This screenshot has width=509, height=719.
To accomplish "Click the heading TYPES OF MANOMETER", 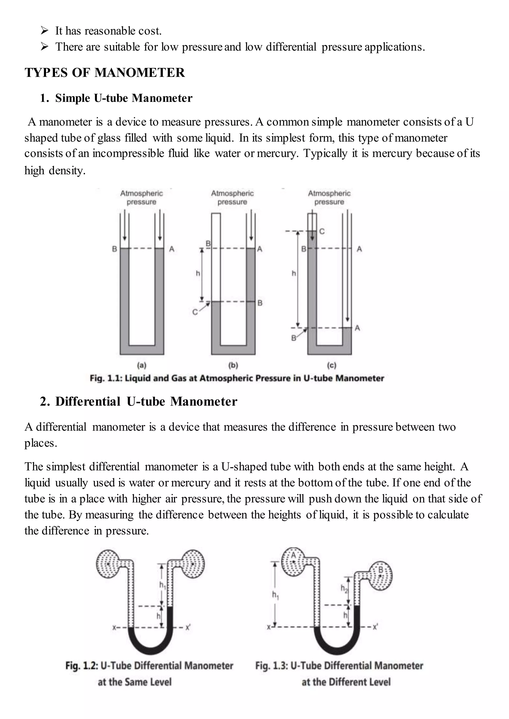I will (105, 73).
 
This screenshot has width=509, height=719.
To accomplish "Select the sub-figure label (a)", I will (142, 365).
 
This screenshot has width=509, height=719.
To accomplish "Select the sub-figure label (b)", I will (233, 365).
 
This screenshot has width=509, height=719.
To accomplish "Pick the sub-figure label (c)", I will (331, 365).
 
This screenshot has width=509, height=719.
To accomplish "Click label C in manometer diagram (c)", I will (322, 231).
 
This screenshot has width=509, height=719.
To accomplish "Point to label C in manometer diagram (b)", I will (195, 312).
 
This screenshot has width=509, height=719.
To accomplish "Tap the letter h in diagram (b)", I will (198, 273).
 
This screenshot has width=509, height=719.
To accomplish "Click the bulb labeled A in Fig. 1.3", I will (293, 562).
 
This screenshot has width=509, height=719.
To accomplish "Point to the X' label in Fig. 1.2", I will (188, 627).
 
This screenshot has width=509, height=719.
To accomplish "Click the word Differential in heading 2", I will (88, 402).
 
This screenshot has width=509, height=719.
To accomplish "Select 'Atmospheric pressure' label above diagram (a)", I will (141, 198).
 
